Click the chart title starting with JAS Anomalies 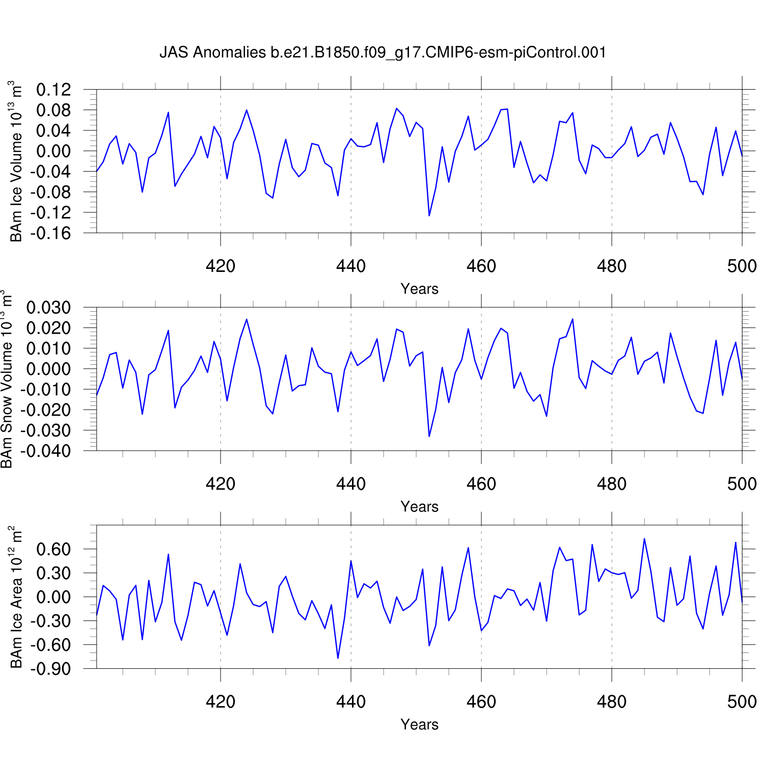point(383,52)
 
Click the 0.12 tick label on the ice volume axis point(53,90)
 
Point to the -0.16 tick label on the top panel point(50,233)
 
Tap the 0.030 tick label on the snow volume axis point(48,308)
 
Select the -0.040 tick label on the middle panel point(45,451)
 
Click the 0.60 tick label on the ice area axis point(53,550)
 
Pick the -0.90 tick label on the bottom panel point(50,669)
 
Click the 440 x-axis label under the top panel point(351,266)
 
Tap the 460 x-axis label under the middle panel point(481,484)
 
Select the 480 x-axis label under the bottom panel point(612,702)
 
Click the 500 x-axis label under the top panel point(742,266)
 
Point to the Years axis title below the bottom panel point(419,724)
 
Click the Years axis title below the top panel point(419,289)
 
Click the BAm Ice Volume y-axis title point(16,161)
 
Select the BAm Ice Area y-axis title point(16,596)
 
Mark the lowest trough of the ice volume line point(429,216)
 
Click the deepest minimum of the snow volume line point(429,436)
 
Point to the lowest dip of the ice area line point(338,658)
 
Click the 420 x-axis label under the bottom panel point(221,702)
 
